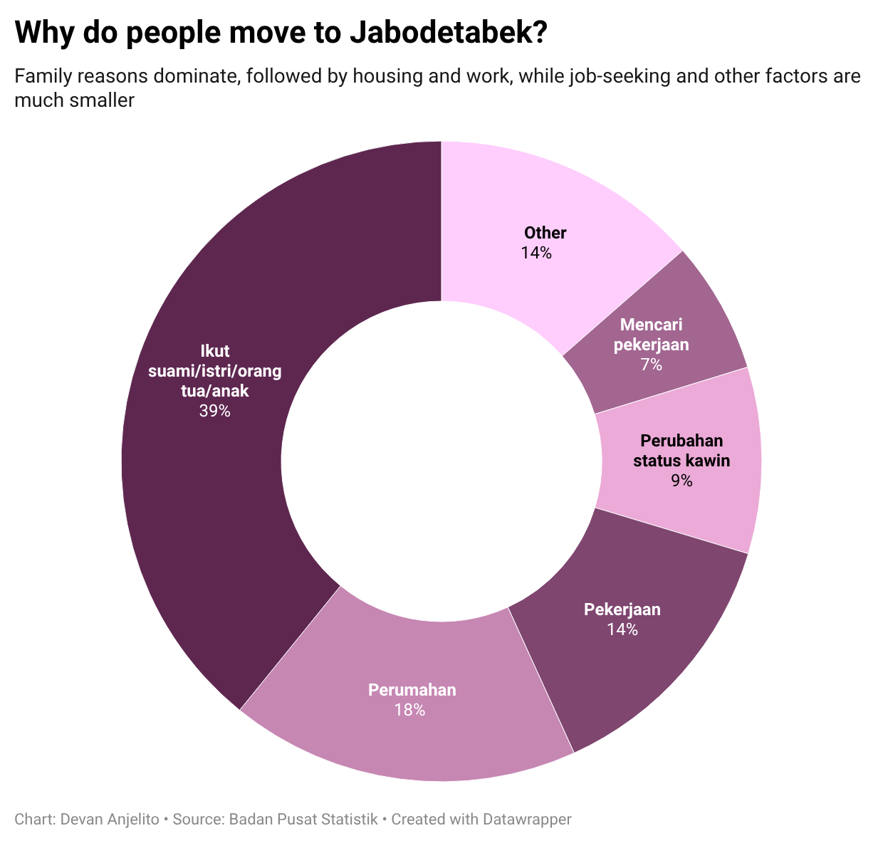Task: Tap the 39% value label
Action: [214, 411]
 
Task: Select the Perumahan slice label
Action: [412, 690]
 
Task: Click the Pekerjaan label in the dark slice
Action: [622, 609]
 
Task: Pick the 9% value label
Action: [681, 481]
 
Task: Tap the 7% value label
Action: [651, 365]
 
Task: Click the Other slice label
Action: [545, 233]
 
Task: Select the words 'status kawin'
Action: [681, 461]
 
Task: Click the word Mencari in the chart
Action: [651, 325]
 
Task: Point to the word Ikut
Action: [214, 351]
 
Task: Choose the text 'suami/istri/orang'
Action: [214, 371]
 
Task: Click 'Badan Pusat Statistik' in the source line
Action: [303, 820]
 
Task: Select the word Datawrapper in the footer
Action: [527, 820]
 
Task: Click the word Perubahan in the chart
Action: [681, 441]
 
